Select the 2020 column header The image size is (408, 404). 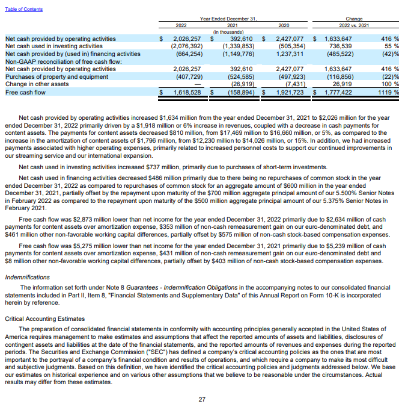pos(284,25)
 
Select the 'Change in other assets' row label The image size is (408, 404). pos(36,85)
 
